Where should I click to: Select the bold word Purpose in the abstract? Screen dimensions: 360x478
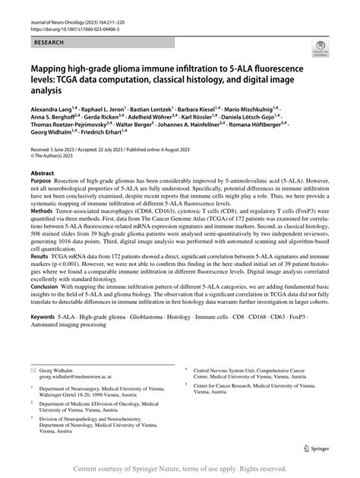(x=42, y=204)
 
